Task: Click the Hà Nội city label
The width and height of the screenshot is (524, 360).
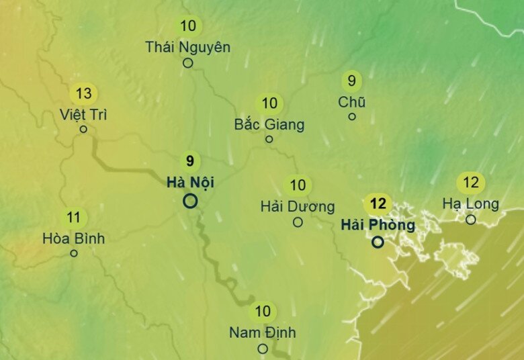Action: (190, 181)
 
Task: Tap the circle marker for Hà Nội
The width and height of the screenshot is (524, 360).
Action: (190, 200)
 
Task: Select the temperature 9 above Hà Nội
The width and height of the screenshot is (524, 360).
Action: (190, 161)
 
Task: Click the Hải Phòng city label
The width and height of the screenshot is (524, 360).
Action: (378, 224)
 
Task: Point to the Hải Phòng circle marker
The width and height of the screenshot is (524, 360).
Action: (378, 242)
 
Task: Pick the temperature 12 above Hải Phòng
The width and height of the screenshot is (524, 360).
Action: (378, 204)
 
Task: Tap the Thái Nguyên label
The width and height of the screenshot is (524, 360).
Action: (188, 47)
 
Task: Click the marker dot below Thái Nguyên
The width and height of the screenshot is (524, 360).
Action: (188, 63)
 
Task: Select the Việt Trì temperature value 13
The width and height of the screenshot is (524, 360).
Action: (84, 93)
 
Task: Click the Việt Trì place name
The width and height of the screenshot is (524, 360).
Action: (83, 114)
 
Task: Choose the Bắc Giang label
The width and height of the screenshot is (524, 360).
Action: (269, 124)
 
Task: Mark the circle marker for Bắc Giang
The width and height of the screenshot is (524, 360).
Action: (269, 139)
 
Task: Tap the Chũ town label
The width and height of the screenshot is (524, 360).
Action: (352, 102)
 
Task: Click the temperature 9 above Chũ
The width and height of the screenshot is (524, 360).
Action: (351, 81)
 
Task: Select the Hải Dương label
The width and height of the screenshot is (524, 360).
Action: (298, 206)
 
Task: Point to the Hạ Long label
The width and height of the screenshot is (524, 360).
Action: (471, 204)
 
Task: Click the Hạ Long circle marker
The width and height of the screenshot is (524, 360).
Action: (471, 220)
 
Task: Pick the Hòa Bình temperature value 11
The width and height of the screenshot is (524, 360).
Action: (74, 218)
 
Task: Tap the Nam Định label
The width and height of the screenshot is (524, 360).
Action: (263, 332)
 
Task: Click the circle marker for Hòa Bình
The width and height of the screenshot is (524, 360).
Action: (74, 253)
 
